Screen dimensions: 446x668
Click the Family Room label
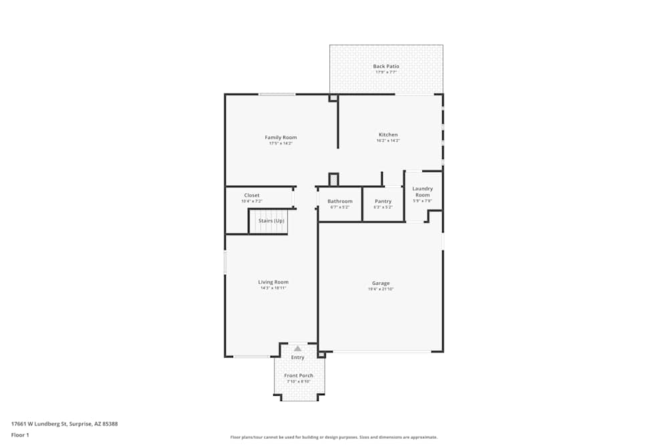pos(281,137)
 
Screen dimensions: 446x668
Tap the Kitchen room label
pos(388,135)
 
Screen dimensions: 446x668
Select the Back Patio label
pos(386,66)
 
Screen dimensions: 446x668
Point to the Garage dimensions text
pos(381,289)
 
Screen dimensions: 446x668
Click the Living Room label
pos(273,282)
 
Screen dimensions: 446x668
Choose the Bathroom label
pos(340,201)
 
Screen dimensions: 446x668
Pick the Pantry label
pos(383,201)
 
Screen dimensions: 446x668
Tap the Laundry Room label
pos(422,192)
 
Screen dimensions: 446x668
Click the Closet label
pos(252,195)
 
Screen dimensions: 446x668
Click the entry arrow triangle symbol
pos(298,348)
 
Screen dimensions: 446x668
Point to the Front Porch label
pos(298,375)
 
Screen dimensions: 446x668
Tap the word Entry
pos(298,358)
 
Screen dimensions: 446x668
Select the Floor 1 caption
pos(20,435)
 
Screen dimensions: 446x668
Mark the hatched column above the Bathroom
pos(334,179)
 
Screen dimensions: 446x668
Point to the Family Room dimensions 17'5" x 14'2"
pos(281,143)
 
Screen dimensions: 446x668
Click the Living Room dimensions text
pos(273,288)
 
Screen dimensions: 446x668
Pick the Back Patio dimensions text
pos(386,72)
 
